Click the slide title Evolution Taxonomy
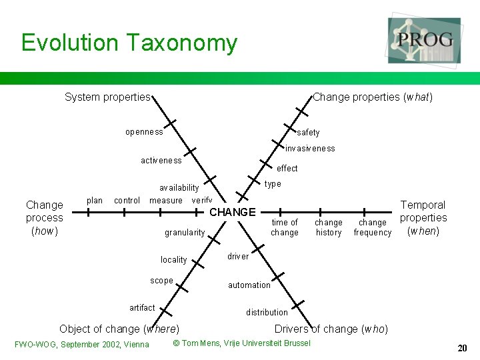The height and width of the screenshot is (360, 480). tap(129, 43)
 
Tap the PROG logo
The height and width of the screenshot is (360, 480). tap(425, 40)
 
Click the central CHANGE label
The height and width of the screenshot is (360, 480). tap(233, 212)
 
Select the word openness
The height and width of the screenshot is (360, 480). tap(144, 132)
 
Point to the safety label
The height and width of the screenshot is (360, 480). tap(308, 133)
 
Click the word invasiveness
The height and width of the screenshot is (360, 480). tap(310, 148)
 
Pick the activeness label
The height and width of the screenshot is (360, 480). tap(161, 160)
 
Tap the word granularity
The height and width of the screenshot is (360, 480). tap(185, 233)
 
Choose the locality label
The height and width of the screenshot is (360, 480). tap(173, 259)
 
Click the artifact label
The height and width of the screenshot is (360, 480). tap(142, 307)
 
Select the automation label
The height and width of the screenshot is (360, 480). tap(249, 285)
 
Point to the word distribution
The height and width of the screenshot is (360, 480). tap(267, 312)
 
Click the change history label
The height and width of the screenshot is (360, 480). tap(329, 227)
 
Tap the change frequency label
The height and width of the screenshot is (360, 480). tap(373, 227)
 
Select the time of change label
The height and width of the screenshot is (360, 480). tap(285, 227)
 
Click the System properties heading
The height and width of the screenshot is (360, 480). tap(107, 97)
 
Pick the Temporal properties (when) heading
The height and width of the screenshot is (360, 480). tap(423, 218)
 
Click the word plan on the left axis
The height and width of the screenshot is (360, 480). tap(95, 200)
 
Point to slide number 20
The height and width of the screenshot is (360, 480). tap(462, 348)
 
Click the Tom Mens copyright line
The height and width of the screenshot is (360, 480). tap(241, 343)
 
